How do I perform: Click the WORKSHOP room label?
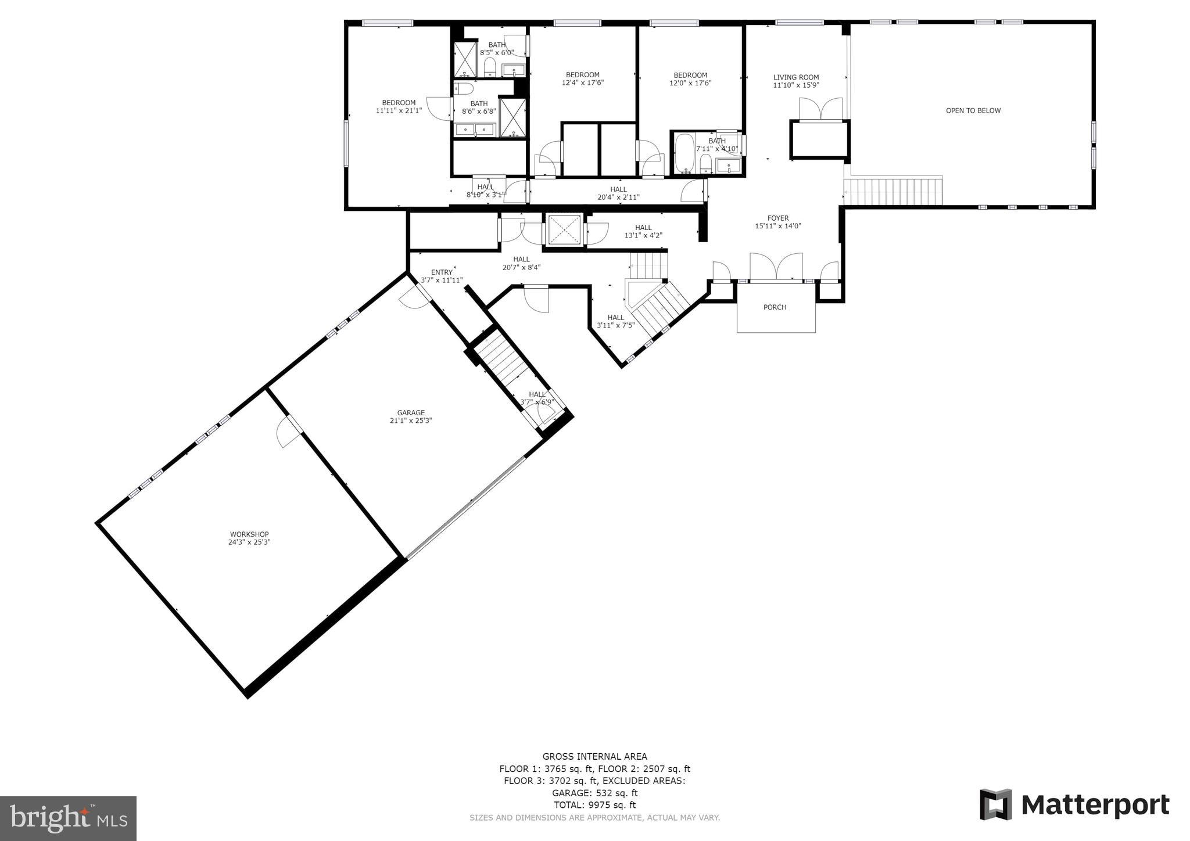[x=249, y=538]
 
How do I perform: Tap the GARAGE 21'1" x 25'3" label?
[x=411, y=416]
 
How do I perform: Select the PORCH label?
[x=775, y=307]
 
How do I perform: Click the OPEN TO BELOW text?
[x=973, y=110]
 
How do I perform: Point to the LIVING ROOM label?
[x=796, y=81]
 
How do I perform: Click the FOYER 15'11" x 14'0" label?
[x=778, y=222]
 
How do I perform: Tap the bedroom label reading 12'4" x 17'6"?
[x=583, y=78]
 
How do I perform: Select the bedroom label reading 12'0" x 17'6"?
[x=690, y=78]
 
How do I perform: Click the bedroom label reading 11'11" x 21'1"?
[x=399, y=106]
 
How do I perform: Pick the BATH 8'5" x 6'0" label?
[x=497, y=48]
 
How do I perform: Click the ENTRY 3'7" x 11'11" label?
[x=442, y=276]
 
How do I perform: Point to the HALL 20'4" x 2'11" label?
[x=618, y=193]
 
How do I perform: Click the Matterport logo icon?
[x=996, y=804]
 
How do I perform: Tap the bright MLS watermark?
[x=68, y=818]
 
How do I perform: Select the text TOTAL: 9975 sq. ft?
[x=594, y=805]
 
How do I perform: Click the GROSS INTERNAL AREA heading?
[x=594, y=756]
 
